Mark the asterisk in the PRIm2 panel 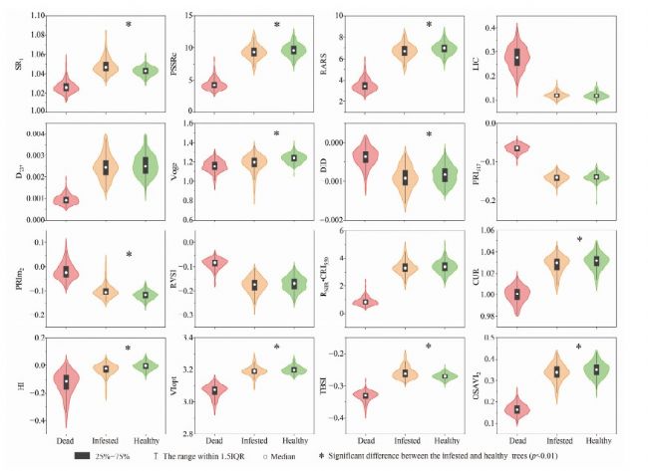click(129, 255)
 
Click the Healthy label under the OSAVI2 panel click(597, 441)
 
